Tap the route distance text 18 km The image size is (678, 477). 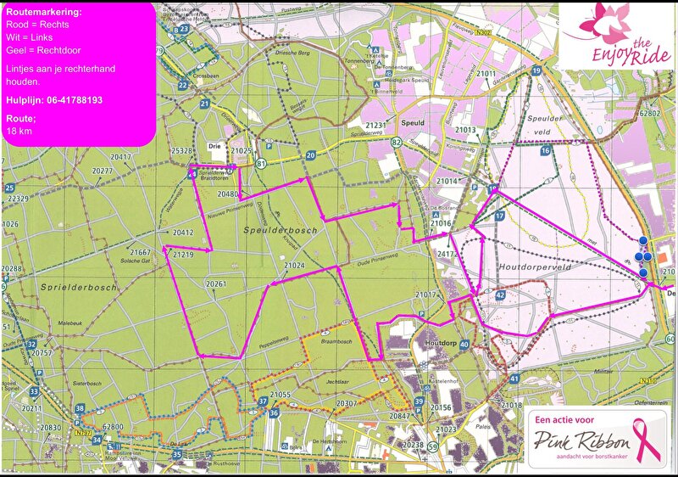[x=19, y=132]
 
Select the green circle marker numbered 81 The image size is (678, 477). [x=262, y=163]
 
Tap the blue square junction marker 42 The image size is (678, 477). [x=501, y=295]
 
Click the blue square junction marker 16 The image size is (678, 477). [x=546, y=150]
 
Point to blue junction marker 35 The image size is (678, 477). [x=176, y=455]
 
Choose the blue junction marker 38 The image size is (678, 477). [x=80, y=409]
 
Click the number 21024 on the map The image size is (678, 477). [x=294, y=267]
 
